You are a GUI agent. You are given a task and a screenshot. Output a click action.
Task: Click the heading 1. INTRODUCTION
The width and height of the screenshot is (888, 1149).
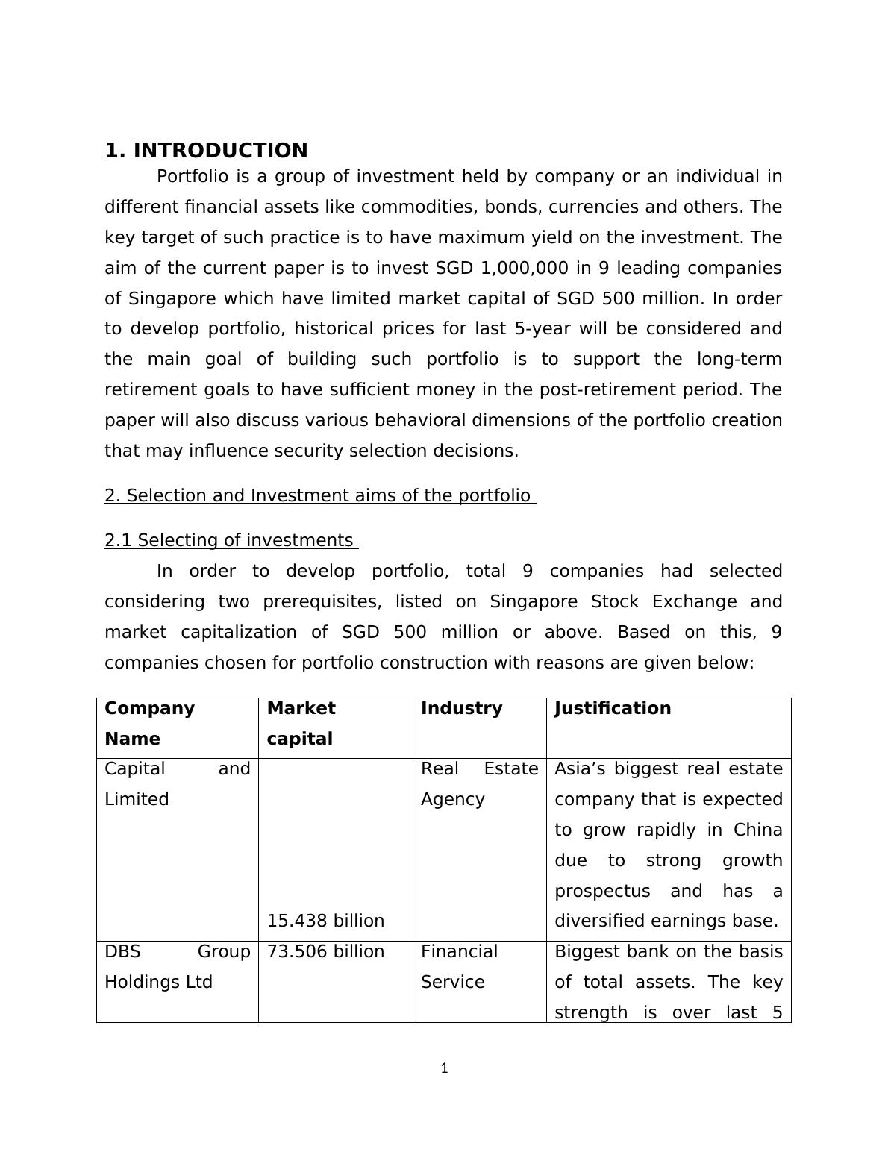click(x=206, y=151)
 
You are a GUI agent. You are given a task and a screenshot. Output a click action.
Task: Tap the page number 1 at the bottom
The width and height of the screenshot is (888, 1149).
click(x=444, y=1068)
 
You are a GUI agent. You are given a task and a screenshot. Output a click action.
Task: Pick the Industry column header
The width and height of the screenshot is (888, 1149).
click(x=461, y=708)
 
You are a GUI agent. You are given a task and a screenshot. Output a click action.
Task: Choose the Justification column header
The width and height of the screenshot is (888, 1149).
click(x=613, y=708)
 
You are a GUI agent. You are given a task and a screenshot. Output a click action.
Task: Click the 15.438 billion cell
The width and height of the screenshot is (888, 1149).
click(x=325, y=921)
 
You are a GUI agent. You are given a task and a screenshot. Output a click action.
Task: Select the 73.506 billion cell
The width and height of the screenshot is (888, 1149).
click(x=325, y=951)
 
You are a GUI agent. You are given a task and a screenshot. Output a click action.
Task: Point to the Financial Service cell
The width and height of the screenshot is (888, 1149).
click(x=459, y=966)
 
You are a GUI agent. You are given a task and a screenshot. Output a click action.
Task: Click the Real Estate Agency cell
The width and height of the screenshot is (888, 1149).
click(x=479, y=783)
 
